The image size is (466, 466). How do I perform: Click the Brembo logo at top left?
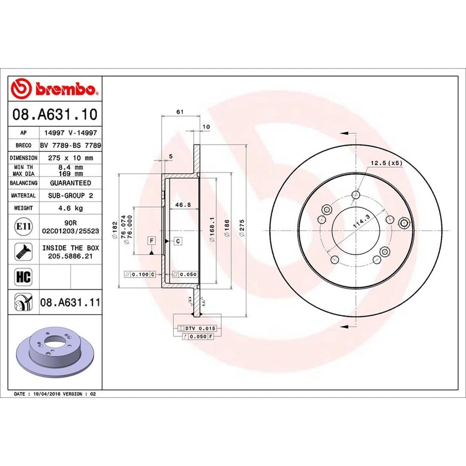tap(55, 89)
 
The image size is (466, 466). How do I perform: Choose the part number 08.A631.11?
tap(70, 302)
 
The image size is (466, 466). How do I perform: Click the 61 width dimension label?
tap(180, 112)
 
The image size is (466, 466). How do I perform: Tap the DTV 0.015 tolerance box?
tap(200, 329)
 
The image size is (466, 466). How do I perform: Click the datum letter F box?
tap(152, 241)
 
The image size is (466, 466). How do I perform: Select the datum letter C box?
tap(178, 241)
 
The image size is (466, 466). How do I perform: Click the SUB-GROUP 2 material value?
tap(70, 195)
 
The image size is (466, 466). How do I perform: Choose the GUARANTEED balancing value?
tap(70, 183)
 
